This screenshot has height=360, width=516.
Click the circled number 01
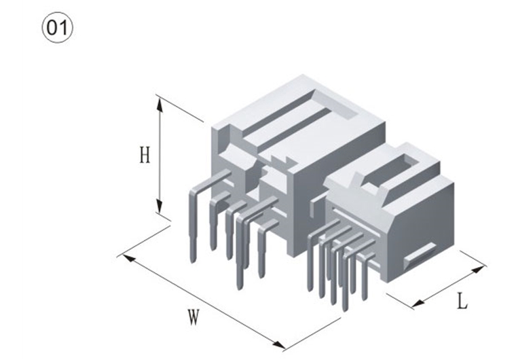pyautogui.click(x=58, y=28)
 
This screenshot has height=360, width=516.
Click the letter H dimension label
pyautogui.click(x=145, y=155)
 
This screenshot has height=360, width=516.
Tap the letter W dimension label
pyautogui.click(x=193, y=317)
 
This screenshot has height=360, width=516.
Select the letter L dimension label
pyautogui.click(x=462, y=302)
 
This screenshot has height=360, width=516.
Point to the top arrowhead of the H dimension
pyautogui.click(x=160, y=104)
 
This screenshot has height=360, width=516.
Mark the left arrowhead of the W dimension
pyautogui.click(x=129, y=259)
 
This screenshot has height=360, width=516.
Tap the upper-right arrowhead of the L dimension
pyautogui.click(x=478, y=270)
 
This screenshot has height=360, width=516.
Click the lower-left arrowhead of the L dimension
pyautogui.click(x=419, y=303)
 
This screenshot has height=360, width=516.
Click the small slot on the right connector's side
pyautogui.click(x=420, y=253)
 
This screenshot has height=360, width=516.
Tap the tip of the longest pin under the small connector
pyautogui.click(x=345, y=310)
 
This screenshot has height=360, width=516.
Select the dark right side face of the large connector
pyautogui.click(x=339, y=185)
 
